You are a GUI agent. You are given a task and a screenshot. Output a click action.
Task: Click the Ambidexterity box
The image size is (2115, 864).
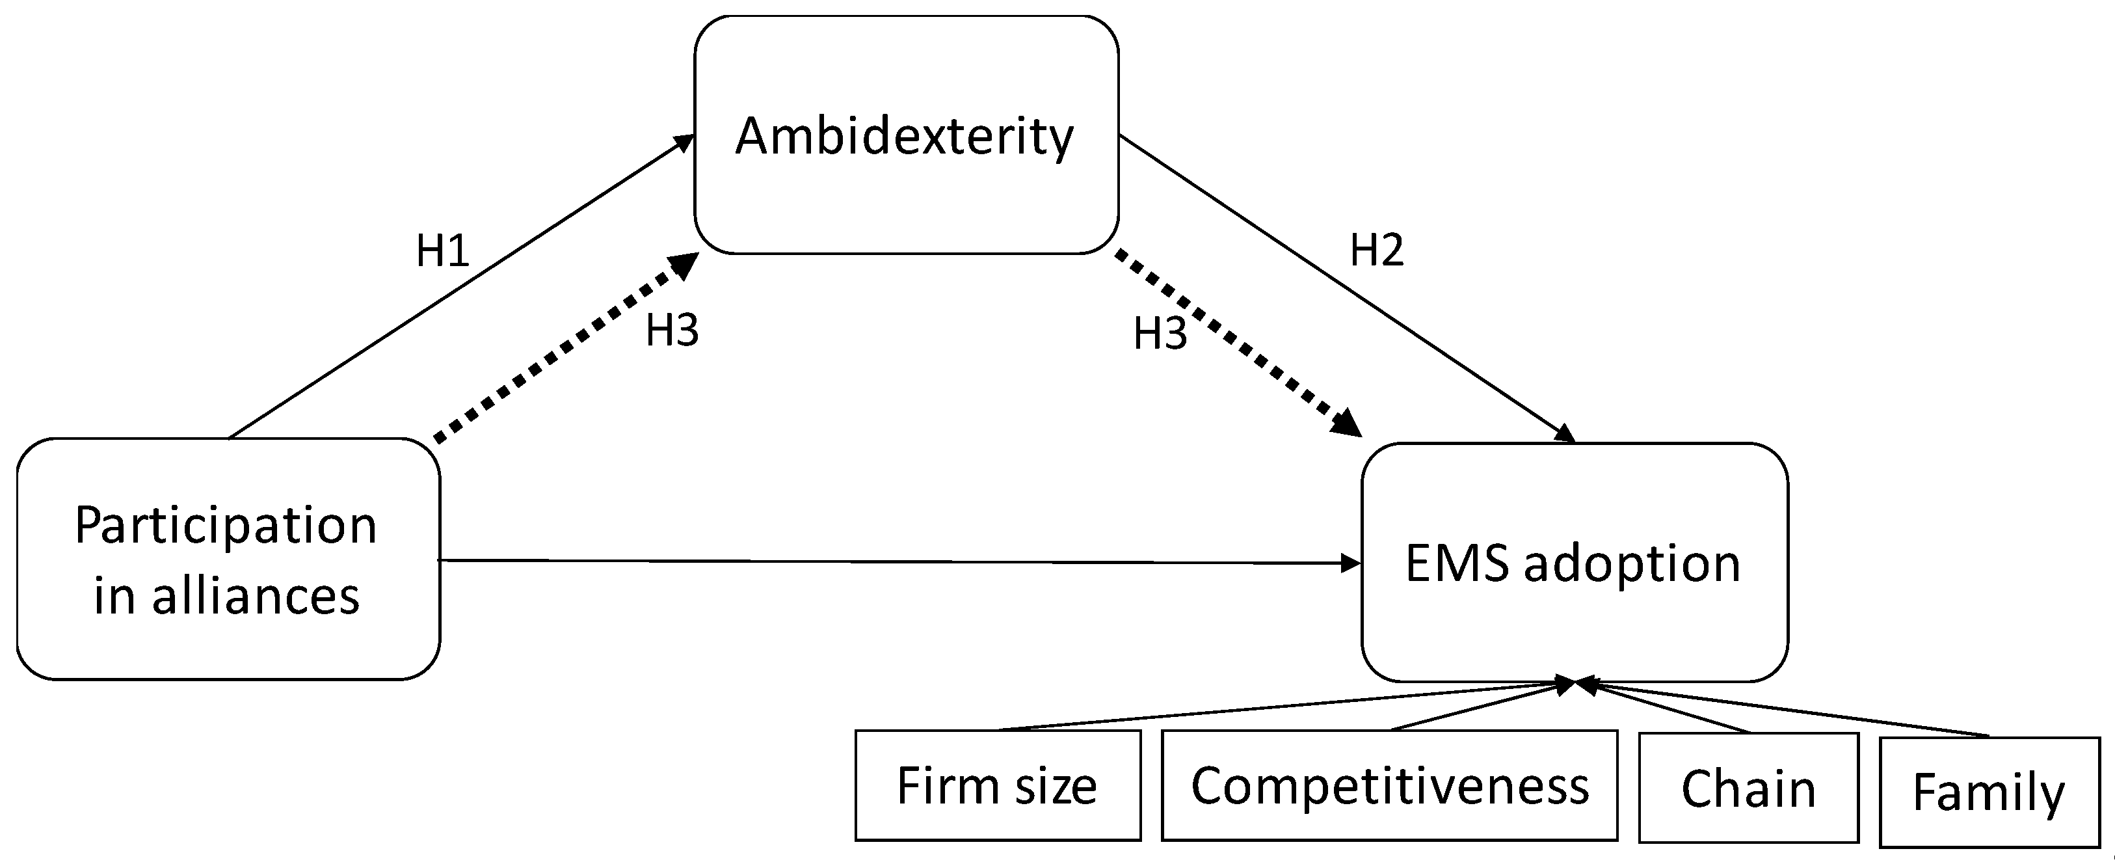(905, 135)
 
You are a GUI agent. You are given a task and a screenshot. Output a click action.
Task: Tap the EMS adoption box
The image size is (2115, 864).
(1573, 563)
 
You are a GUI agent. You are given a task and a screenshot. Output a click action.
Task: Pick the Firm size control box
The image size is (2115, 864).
(997, 786)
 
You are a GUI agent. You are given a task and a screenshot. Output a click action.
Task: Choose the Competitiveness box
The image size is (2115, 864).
(1389, 786)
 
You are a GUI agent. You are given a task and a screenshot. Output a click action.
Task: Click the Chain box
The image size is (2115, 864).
(1748, 789)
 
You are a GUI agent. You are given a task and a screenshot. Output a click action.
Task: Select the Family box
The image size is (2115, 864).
(1989, 792)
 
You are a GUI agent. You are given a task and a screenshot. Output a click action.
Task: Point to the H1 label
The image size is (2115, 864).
(442, 250)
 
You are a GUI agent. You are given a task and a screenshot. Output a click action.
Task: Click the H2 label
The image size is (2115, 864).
(1377, 250)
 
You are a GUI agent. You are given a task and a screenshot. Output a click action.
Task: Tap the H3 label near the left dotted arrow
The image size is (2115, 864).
(672, 330)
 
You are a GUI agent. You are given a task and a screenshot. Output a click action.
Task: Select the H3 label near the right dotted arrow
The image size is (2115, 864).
(1160, 334)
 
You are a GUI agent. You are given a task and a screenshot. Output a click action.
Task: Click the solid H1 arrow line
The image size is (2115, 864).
(460, 288)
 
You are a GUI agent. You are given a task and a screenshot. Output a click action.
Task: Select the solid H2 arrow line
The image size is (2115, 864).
(1346, 288)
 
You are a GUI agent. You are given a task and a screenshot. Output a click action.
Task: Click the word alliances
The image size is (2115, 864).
(256, 595)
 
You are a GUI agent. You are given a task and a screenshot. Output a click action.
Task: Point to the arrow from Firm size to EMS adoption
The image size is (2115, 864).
(1281, 707)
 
